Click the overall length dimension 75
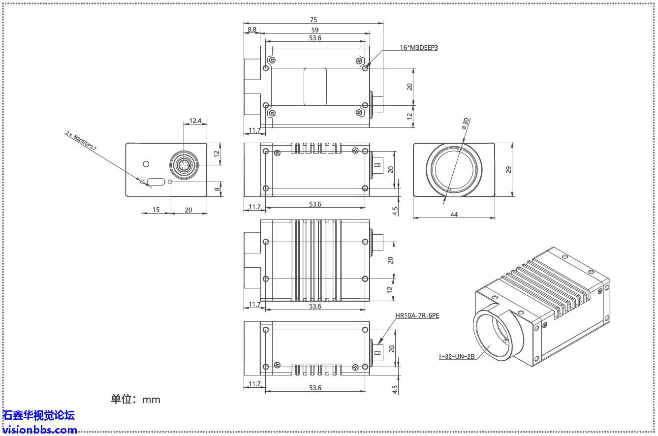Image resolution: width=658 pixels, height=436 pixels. (x=313, y=20)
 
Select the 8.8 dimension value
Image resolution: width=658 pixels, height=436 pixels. (x=252, y=30)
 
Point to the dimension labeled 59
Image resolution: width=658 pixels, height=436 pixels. (x=315, y=30)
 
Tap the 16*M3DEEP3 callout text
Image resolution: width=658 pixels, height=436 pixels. (x=418, y=48)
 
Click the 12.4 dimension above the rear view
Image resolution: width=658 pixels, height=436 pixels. (x=195, y=121)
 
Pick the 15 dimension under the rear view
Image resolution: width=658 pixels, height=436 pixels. (x=156, y=210)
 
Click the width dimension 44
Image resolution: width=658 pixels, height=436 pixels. (x=454, y=215)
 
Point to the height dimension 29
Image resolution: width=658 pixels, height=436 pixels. (x=509, y=170)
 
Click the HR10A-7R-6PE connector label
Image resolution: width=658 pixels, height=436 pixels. (x=417, y=316)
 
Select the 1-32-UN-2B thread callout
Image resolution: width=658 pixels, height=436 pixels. (x=456, y=356)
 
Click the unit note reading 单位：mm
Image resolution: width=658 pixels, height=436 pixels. (x=136, y=399)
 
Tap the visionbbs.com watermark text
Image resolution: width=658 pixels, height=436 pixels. (x=39, y=430)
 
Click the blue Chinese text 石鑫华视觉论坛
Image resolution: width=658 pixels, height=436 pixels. (x=38, y=415)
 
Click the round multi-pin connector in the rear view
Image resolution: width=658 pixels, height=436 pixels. (x=184, y=165)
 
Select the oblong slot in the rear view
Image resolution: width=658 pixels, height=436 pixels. (x=156, y=182)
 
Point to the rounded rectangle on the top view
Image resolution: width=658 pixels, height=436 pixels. (x=315, y=87)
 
